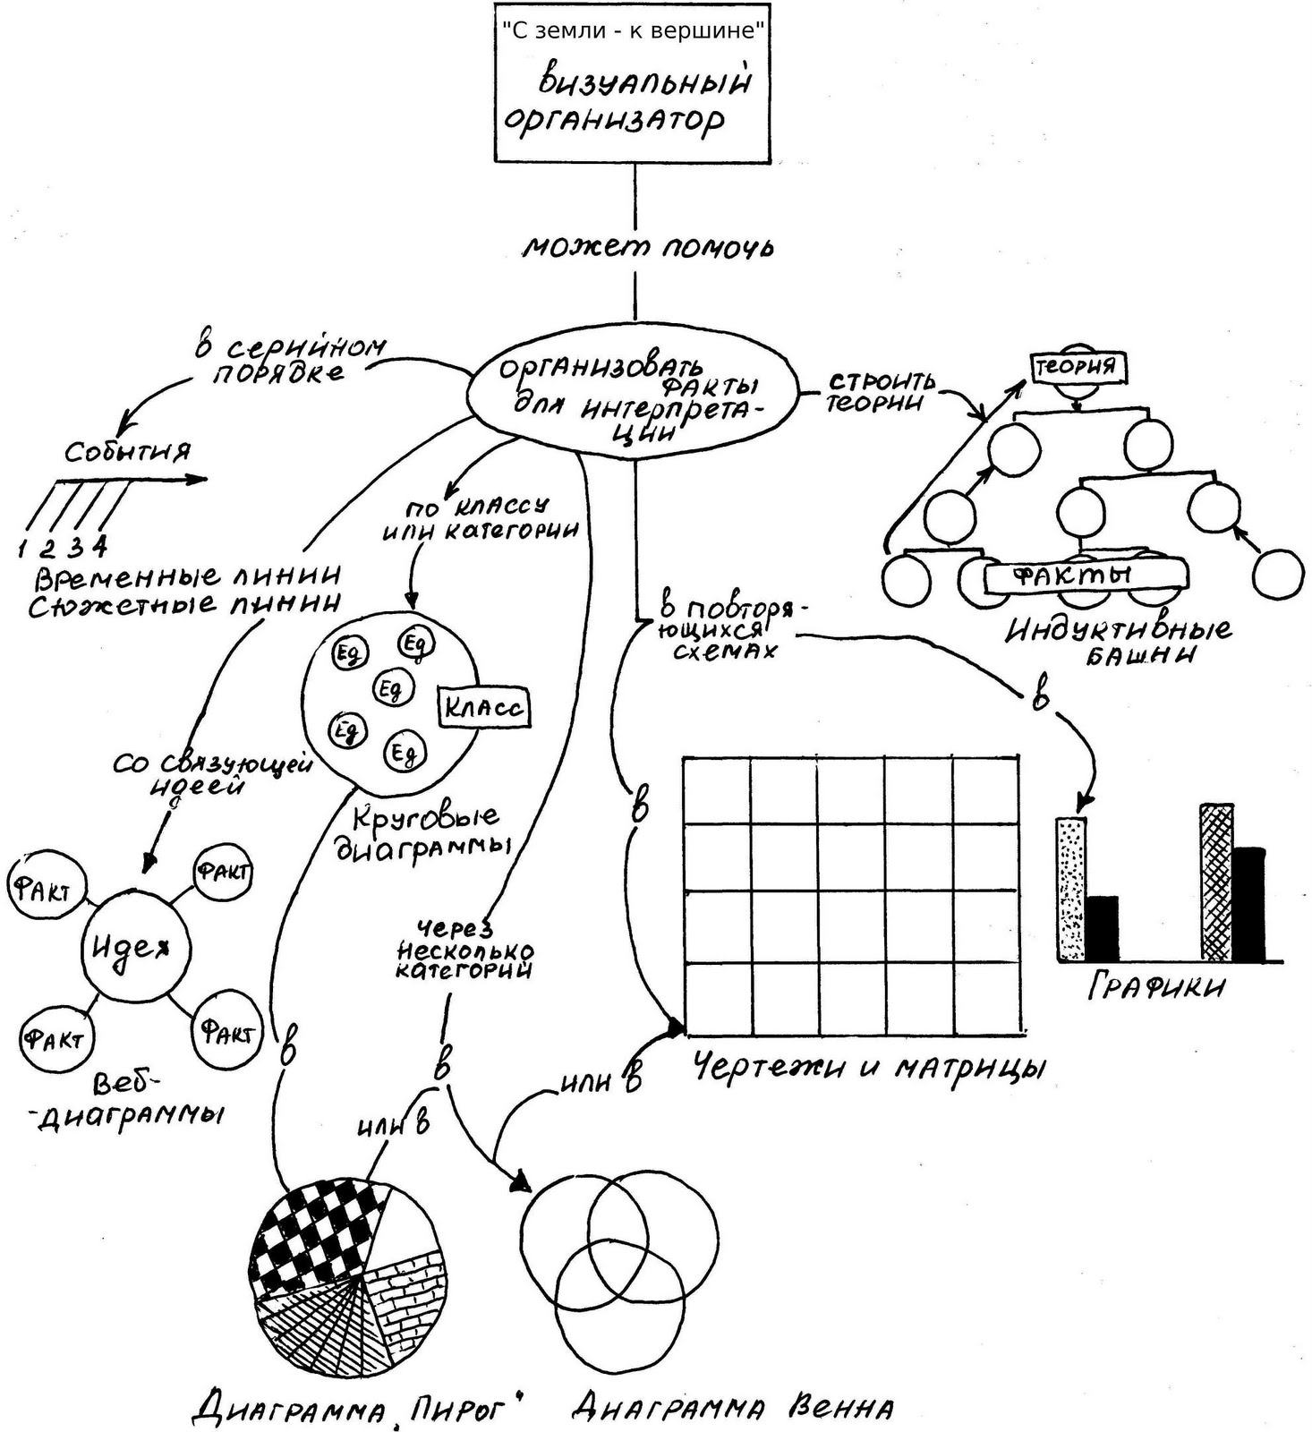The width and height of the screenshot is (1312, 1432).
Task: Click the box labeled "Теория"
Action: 1077,366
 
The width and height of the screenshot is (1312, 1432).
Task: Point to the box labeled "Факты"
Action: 1085,575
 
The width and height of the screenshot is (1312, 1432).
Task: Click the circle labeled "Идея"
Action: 136,949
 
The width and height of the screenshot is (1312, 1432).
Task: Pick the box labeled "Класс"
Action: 483,708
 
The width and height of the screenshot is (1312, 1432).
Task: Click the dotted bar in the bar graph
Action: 1071,888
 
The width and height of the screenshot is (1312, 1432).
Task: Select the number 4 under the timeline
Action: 100,545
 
